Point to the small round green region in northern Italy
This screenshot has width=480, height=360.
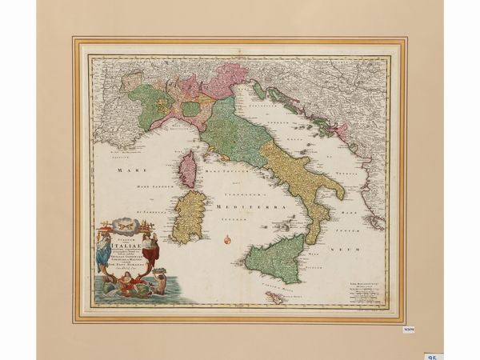coord(191,109)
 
